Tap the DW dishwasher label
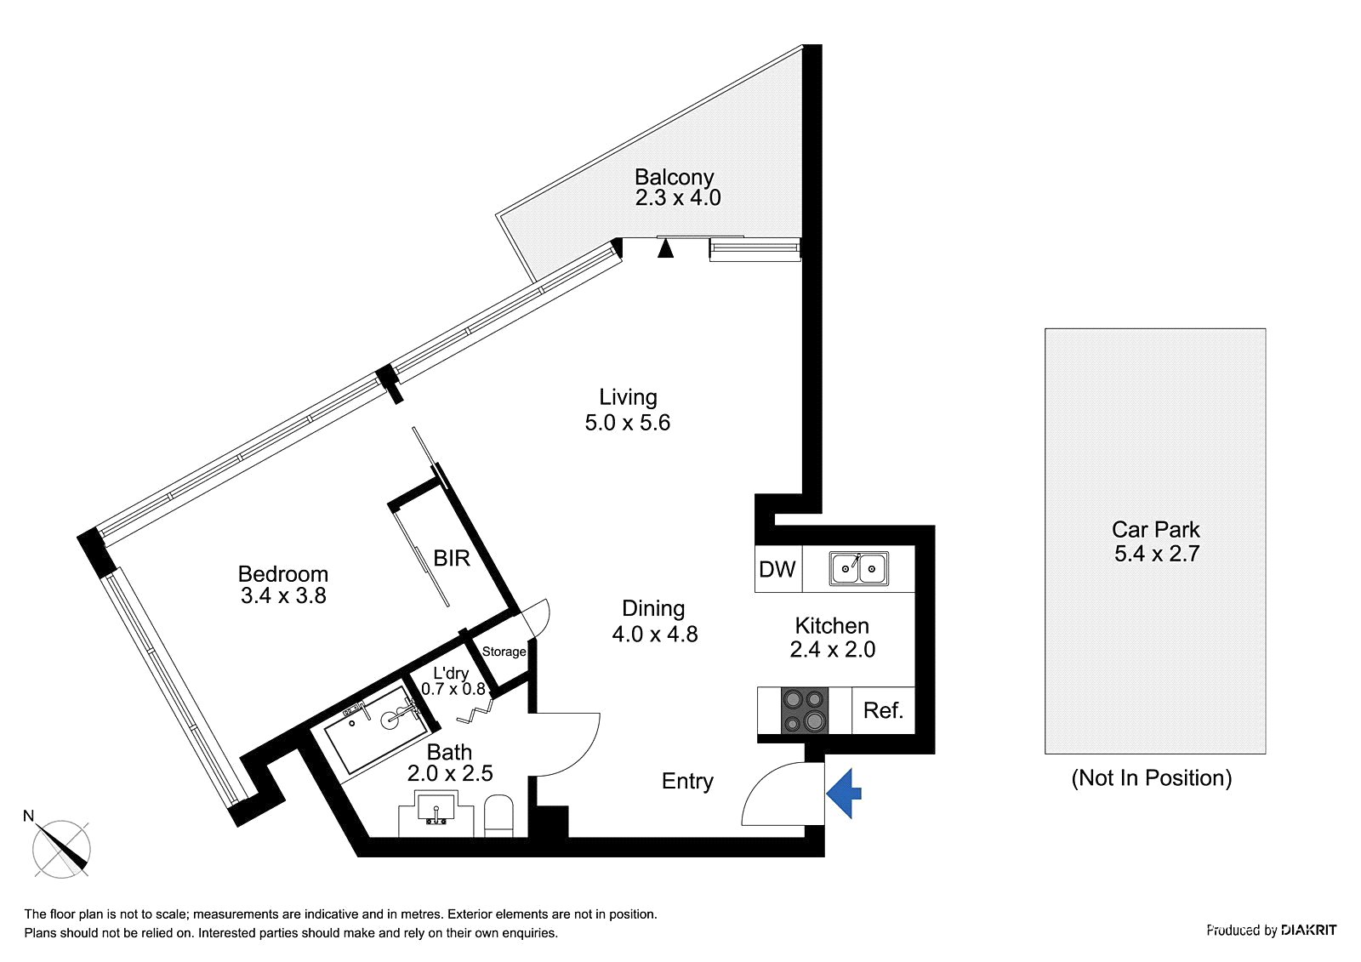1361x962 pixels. coord(777,569)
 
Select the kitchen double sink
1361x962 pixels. coord(858,569)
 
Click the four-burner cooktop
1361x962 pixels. coord(805,710)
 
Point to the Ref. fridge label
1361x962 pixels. coord(883,709)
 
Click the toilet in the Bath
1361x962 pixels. coord(498,816)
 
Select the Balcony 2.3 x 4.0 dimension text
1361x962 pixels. coord(678,197)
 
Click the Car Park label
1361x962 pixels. coord(1156,529)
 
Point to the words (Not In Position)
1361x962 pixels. coord(1152,778)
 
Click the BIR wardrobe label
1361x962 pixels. coord(452,558)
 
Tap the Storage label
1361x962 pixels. coord(504,652)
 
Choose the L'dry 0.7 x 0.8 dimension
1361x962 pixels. coord(453,688)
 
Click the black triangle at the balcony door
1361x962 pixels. coord(666,248)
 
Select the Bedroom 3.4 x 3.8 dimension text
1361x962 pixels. coord(283,595)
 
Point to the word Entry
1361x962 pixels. coord(687,782)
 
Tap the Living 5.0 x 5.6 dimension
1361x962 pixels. coord(628,423)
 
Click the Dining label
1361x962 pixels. coord(653,608)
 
